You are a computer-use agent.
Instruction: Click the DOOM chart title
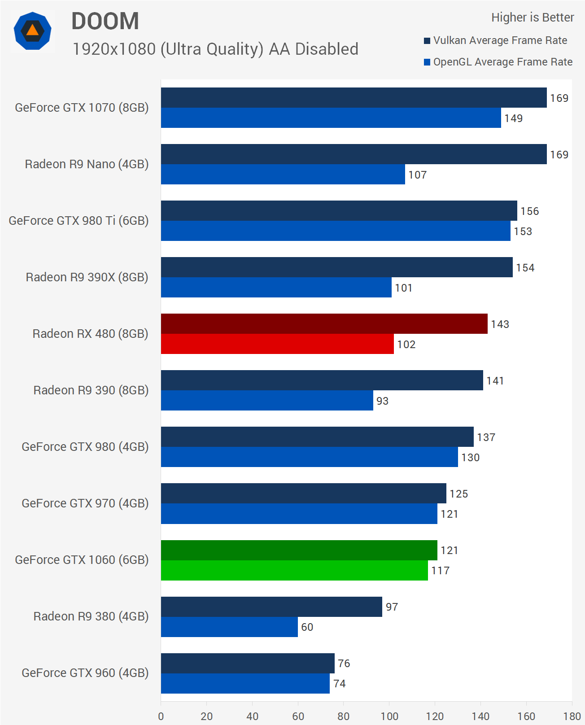click(105, 21)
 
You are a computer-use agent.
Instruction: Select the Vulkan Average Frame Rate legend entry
click(495, 40)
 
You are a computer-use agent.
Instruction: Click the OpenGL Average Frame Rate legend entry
click(498, 62)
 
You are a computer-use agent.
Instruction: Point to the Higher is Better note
click(532, 17)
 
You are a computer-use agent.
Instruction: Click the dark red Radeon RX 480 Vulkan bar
click(324, 324)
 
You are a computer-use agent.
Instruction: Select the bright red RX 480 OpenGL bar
click(277, 344)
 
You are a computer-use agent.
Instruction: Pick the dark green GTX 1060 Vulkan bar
click(299, 550)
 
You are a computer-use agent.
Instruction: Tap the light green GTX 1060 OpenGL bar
click(294, 570)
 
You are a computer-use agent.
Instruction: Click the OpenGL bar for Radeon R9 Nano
click(283, 175)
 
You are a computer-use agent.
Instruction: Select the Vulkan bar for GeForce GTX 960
click(248, 663)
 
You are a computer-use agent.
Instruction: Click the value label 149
click(513, 118)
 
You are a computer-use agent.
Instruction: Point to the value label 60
click(307, 627)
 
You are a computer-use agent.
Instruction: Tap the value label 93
click(382, 401)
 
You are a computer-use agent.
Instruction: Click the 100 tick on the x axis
click(389, 716)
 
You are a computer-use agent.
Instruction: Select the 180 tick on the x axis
click(572, 716)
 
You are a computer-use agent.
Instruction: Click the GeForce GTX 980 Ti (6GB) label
click(79, 221)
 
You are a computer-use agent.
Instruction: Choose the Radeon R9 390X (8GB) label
click(87, 277)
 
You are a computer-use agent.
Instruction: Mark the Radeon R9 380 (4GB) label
click(91, 616)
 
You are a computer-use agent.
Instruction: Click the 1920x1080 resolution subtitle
click(215, 49)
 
